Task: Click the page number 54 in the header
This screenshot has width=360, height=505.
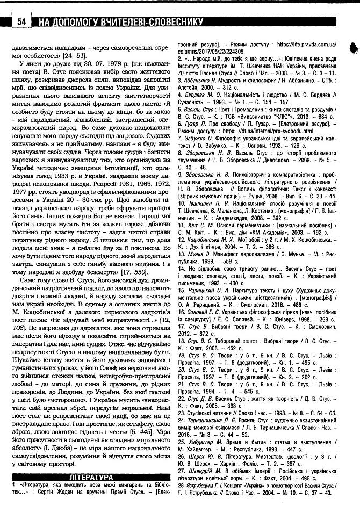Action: pos(21,22)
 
